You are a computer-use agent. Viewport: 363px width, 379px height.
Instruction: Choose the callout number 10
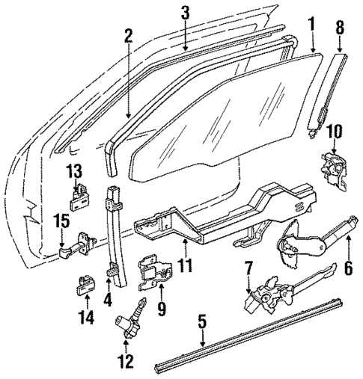point(334,133)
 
